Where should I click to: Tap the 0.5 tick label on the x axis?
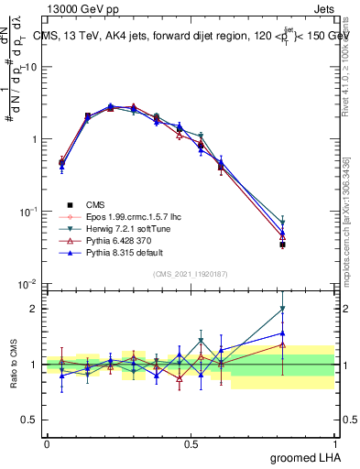[x=191, y=443]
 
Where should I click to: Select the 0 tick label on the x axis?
[x=47, y=443]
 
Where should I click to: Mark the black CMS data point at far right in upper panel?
[x=282, y=245]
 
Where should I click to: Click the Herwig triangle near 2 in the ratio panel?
[x=282, y=310]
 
